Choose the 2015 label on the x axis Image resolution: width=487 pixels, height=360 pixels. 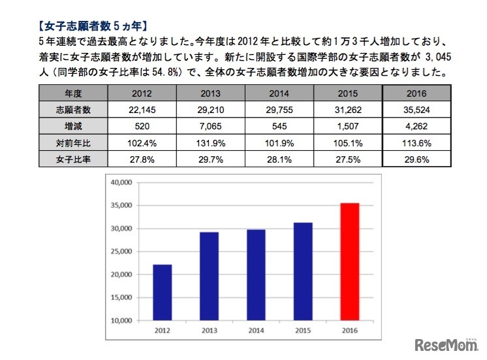tap(303, 330)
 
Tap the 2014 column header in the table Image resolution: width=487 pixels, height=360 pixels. tap(279, 92)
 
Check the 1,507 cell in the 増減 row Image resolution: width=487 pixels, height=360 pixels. tap(347, 125)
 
